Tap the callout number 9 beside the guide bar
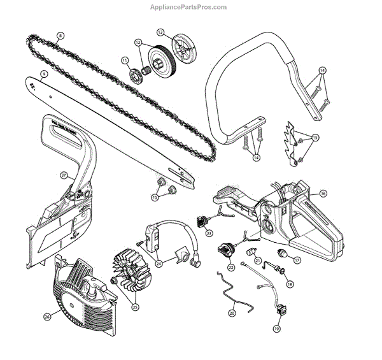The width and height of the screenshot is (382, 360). click(44, 73)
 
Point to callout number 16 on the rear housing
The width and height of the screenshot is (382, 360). click(323, 193)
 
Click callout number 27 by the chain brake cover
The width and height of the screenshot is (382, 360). click(63, 175)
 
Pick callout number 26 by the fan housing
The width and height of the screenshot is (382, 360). click(47, 315)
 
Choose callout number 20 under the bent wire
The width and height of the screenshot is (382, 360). click(232, 312)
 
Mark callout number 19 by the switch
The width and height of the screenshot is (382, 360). click(276, 328)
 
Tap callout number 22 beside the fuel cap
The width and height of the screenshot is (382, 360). click(230, 268)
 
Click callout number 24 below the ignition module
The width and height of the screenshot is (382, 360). click(159, 263)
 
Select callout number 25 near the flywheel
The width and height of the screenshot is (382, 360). click(135, 306)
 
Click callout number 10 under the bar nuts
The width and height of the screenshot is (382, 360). click(155, 198)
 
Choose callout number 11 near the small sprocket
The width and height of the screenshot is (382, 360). click(125, 61)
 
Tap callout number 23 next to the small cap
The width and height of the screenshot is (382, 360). click(208, 233)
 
